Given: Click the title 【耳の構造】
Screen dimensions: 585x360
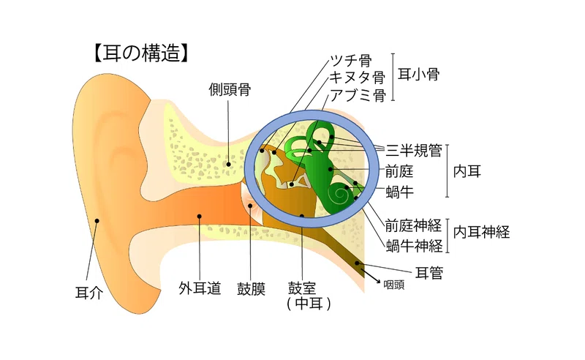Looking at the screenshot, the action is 141,53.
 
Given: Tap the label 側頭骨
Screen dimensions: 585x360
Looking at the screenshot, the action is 230,89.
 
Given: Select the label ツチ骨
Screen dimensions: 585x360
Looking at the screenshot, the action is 351,61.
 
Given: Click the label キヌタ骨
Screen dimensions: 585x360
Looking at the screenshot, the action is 358,78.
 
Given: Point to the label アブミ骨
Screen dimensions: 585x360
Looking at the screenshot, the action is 358,95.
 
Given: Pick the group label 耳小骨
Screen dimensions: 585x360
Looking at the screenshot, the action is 418,74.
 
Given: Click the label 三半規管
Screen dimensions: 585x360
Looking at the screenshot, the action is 414,150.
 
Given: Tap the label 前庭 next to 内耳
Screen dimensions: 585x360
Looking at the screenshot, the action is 399,171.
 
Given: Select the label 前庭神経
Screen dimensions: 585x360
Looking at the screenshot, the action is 413,225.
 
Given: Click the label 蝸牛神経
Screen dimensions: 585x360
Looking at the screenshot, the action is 414,246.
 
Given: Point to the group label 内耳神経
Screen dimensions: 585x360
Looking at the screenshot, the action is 481,232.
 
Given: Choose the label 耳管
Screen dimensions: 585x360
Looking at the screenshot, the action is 429,273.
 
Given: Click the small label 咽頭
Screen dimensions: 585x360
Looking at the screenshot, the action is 394,285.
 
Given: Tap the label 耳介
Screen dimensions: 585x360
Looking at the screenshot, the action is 89,293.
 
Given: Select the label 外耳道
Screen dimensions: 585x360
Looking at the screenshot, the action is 200,288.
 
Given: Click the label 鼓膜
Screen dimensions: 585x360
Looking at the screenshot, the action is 251,289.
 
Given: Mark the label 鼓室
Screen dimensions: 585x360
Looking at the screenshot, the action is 302,288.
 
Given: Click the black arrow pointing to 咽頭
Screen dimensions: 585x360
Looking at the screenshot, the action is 371,276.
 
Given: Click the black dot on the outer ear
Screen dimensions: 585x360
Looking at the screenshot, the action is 97,221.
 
